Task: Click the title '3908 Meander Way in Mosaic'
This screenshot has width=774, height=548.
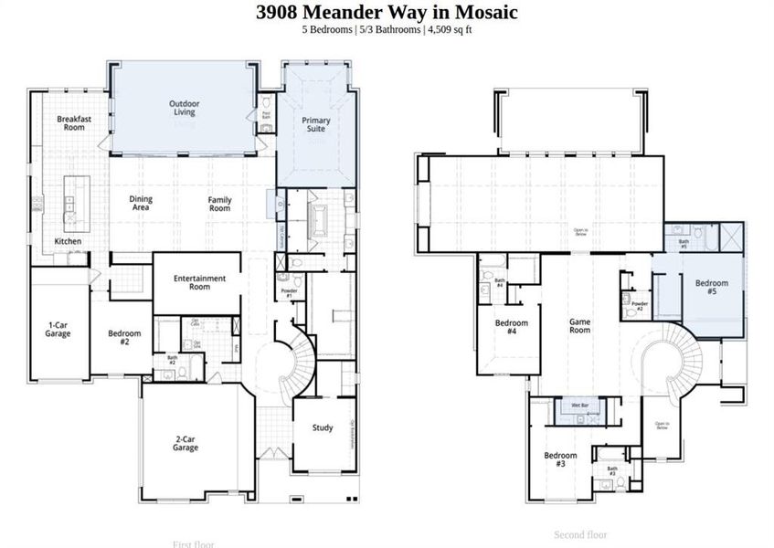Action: click(387, 13)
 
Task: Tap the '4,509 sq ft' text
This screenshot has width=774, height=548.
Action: click(448, 30)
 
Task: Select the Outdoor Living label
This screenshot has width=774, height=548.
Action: click(185, 108)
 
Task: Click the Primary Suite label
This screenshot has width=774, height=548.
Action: click(316, 124)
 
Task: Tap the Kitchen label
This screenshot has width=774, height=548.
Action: click(68, 241)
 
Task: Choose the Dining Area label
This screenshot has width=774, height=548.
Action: click(141, 204)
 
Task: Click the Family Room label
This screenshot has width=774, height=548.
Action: click(219, 204)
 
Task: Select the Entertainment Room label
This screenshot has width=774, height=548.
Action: click(199, 282)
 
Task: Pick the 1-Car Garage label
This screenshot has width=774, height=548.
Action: click(59, 329)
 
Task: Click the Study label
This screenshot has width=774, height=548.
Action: click(323, 427)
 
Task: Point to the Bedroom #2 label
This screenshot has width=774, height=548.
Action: click(124, 337)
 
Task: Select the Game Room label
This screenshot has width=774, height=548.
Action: click(580, 325)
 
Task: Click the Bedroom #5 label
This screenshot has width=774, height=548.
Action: click(712, 288)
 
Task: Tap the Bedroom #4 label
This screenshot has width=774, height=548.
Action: click(512, 327)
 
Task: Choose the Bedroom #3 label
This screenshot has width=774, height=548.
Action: click(560, 459)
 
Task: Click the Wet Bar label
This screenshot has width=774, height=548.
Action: click(579, 405)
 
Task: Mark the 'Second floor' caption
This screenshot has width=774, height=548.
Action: click(580, 534)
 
